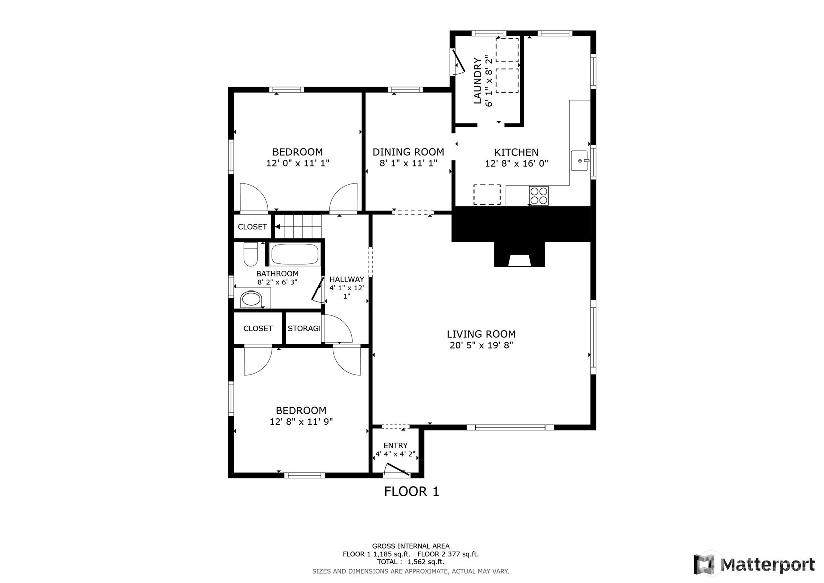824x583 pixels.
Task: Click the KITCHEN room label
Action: tap(516, 152)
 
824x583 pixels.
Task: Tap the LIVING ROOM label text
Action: tap(481, 334)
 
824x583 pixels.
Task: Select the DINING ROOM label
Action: tap(408, 152)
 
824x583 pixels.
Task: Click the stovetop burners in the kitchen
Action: tap(539, 196)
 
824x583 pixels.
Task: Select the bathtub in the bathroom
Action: tap(295, 254)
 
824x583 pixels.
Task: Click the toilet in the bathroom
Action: tap(251, 254)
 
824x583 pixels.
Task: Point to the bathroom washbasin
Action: tap(251, 299)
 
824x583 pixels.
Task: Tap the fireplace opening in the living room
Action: tap(519, 261)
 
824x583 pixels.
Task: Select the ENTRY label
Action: tap(395, 446)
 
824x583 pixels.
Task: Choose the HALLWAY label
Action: tap(347, 279)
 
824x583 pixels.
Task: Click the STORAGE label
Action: tap(304, 328)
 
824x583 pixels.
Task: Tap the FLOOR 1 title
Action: tap(412, 492)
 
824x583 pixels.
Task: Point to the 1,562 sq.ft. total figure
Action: tap(426, 562)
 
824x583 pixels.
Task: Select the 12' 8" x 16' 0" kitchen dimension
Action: tap(516, 163)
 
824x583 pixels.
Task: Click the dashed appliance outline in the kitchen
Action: tap(487, 194)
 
